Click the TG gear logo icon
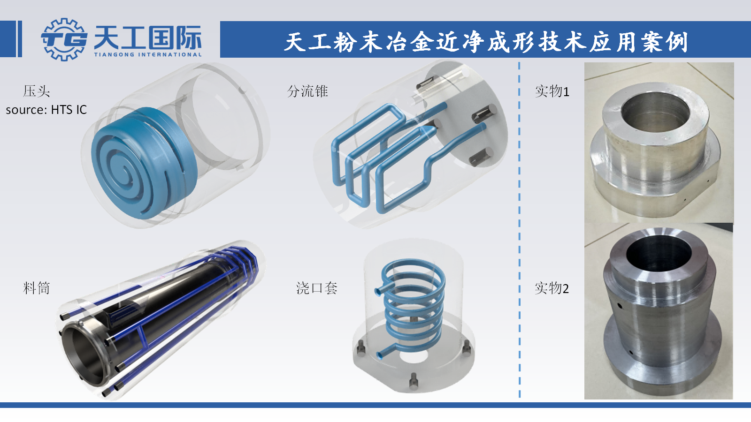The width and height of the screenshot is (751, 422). (64, 39)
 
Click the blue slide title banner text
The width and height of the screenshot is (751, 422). (486, 42)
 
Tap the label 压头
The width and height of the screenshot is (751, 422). (36, 91)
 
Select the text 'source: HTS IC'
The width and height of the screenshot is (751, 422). (46, 110)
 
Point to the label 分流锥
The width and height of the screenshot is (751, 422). (307, 91)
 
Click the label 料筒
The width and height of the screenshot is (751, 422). (36, 288)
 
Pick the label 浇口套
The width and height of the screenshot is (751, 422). (317, 288)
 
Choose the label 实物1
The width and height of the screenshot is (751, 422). (552, 91)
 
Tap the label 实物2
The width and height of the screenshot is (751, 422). (552, 288)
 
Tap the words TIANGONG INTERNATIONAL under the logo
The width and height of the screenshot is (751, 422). (147, 54)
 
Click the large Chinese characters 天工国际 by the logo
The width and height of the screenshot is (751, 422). (147, 37)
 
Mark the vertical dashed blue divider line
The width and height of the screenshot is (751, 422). (519, 230)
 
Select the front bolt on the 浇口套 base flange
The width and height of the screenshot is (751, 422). (414, 382)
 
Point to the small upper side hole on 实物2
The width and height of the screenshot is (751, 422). (620, 306)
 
